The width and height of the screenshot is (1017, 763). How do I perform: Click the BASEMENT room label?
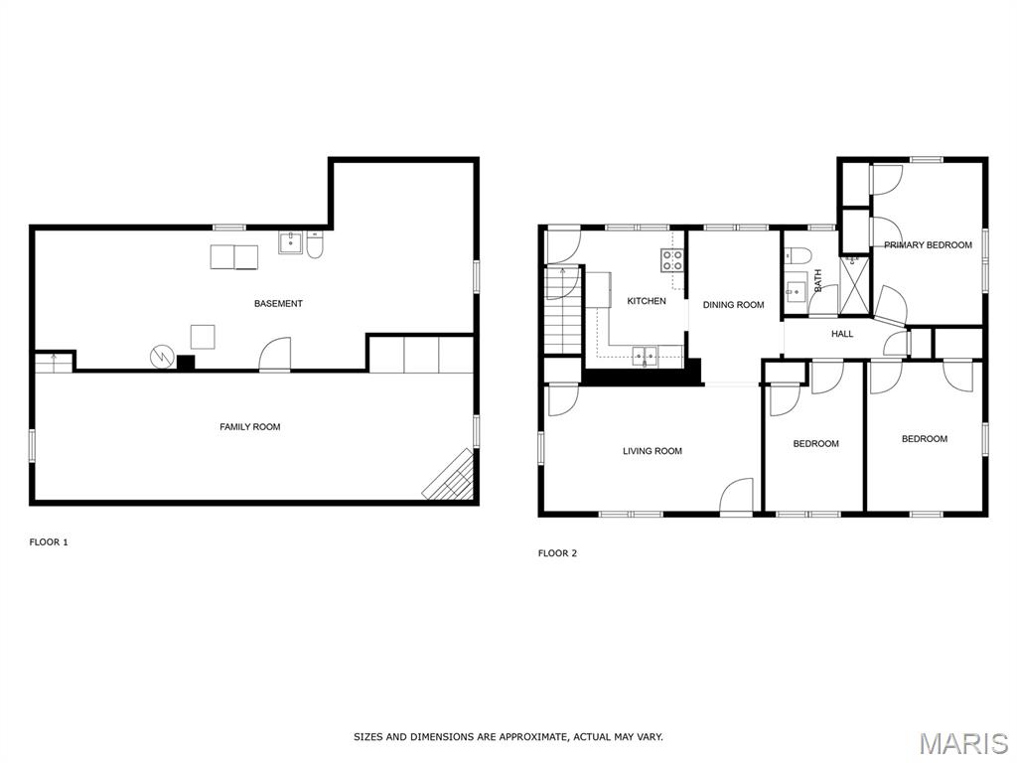point(278,304)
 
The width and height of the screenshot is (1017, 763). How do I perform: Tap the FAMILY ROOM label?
point(249,427)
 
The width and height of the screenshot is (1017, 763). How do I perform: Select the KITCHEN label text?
point(646,301)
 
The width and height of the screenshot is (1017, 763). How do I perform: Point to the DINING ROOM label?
point(734,305)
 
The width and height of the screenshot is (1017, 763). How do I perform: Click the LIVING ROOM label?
point(653,452)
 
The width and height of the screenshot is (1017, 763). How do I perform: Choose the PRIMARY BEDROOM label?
point(929,245)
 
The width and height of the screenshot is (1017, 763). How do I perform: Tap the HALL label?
point(842,334)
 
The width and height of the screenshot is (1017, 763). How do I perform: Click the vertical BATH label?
point(818,280)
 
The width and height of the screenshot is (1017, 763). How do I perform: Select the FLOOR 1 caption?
point(49,542)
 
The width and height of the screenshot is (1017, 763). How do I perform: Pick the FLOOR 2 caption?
point(557,553)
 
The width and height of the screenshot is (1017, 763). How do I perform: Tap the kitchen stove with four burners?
point(672,260)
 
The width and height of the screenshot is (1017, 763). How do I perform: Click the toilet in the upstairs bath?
point(798,255)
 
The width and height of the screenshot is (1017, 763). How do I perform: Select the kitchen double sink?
point(645,357)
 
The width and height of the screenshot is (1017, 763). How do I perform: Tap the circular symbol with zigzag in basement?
point(162,357)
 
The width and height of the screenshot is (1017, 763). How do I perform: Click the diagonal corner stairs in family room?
point(451,476)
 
